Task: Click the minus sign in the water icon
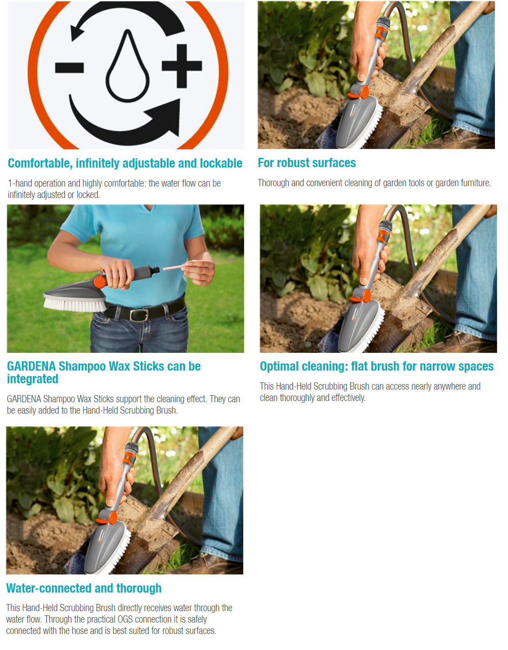coord(69,68)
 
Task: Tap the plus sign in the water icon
coord(182,66)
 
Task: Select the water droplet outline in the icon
coord(127,66)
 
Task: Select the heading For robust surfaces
coord(307,163)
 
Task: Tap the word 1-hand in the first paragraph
coord(20,183)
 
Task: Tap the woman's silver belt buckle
coord(139,315)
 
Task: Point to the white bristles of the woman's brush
coord(75,304)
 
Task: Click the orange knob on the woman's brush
coord(99,281)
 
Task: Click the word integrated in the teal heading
coord(32,379)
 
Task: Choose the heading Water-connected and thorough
coord(84,588)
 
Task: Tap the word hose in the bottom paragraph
coord(80,631)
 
